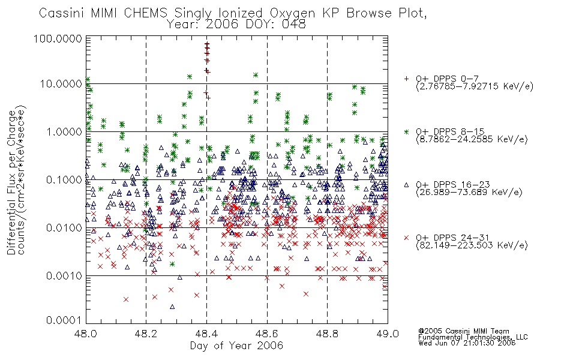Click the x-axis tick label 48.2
coord(146,334)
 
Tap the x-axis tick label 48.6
coord(267,334)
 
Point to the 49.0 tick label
coord(388,334)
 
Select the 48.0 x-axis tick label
coord(85,334)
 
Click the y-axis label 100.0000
coord(58,38)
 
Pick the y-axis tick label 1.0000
coord(64,131)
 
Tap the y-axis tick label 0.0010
coord(64,276)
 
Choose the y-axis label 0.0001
coord(64,320)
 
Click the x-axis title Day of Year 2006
coord(236,346)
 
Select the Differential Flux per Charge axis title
coord(11,182)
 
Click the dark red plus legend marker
coord(406,79)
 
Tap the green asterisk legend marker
coord(406,131)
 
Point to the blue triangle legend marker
coord(406,185)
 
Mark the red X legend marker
coord(406,238)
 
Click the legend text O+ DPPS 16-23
coord(452,185)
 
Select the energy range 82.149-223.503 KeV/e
coord(472,245)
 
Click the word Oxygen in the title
coord(292,13)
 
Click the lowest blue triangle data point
coord(172,307)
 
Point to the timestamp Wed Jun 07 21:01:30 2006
coord(467,343)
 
